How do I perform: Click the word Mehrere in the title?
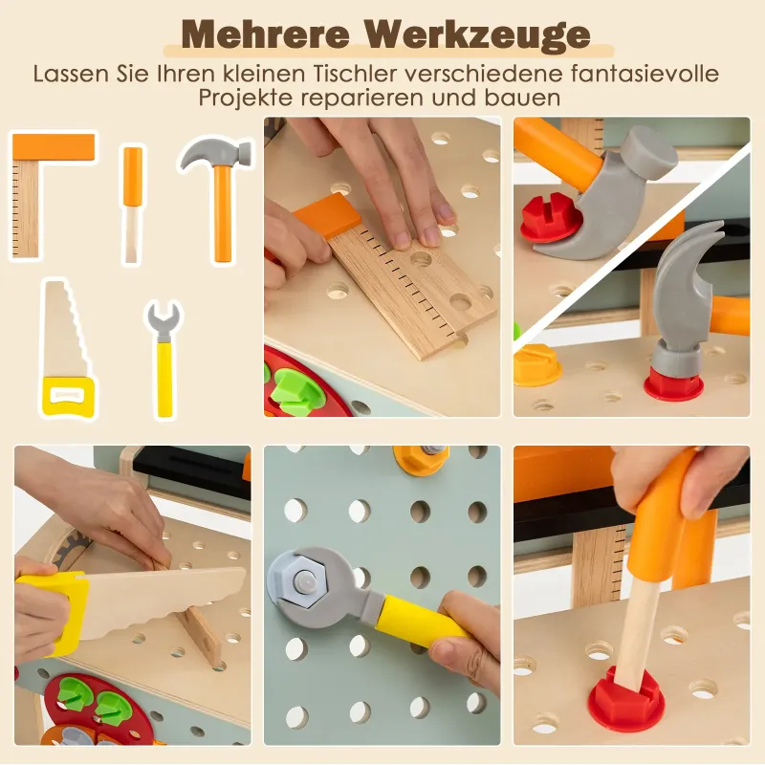pos(266,34)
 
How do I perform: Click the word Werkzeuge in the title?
pos(479,34)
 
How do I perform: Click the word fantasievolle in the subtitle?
pos(645,74)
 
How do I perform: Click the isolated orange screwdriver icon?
pos(132,204)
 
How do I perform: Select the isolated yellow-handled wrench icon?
pos(164,359)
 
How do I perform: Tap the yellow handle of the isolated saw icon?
pos(68,396)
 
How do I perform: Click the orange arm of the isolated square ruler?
pos(54,147)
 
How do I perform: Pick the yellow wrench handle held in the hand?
pos(420,616)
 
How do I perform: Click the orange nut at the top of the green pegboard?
pos(420,460)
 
